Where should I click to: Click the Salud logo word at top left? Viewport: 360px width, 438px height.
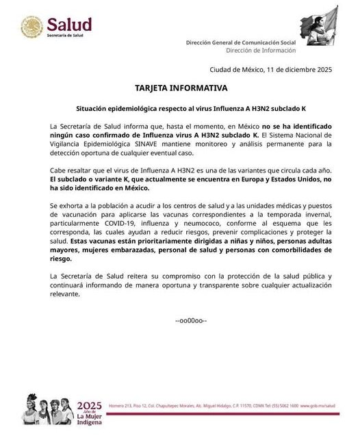point(68,25)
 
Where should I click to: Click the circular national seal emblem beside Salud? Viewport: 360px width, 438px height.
point(31,27)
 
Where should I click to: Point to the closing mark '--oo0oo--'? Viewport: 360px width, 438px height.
point(191,320)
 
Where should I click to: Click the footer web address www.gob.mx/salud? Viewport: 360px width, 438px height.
point(318,406)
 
